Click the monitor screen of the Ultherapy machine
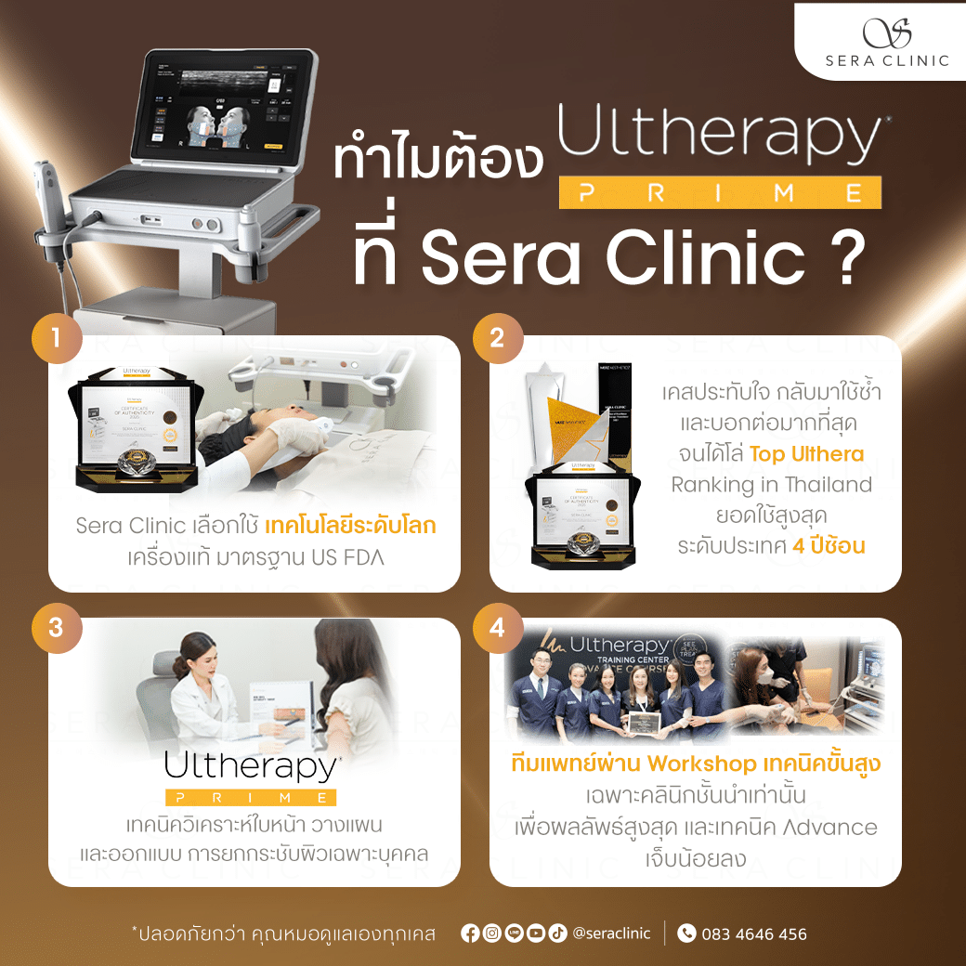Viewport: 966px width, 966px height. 222,109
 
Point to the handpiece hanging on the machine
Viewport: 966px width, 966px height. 48,204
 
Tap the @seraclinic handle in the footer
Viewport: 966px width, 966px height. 612,933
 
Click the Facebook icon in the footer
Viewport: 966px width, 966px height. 470,933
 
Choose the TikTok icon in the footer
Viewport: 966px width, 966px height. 557,933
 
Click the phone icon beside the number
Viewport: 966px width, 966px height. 686,933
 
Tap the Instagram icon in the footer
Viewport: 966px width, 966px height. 491,933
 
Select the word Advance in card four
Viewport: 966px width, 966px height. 831,827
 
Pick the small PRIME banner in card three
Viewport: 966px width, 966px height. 251,797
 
